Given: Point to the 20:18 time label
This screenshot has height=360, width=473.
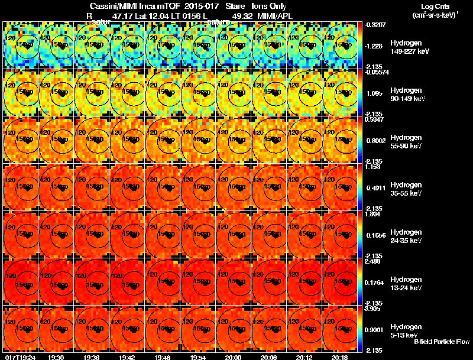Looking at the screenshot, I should point(340,357).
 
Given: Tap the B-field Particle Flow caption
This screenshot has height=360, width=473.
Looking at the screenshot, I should point(441,342).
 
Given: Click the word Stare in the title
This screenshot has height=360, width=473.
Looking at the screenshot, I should point(236,7).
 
